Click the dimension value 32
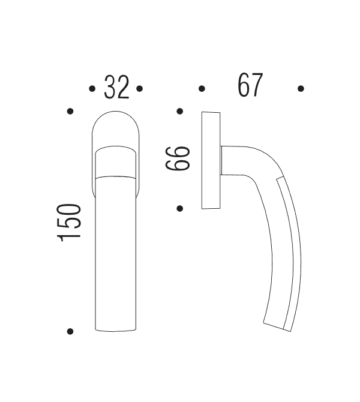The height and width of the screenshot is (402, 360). click(116, 88)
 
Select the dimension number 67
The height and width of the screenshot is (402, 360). click(250, 85)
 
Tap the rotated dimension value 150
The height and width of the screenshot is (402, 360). click(70, 223)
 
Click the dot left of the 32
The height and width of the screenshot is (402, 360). click(92, 89)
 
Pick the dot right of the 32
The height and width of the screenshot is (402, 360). click(139, 89)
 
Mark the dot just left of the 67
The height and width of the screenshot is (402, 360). click(202, 89)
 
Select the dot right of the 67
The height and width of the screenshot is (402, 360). click(301, 89)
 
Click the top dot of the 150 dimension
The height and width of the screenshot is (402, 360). click(70, 111)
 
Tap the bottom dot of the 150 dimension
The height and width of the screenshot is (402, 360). click(70, 331)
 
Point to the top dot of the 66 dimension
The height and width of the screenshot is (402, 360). click(179, 111)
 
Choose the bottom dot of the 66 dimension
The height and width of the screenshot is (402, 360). click(179, 208)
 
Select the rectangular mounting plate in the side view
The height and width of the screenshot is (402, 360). click(211, 160)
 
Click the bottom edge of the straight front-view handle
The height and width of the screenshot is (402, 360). click(116, 331)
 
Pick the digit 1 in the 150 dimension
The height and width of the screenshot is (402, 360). click(70, 237)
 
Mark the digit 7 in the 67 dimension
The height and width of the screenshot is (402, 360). click(257, 85)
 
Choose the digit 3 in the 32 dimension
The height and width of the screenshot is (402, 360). click(110, 88)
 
